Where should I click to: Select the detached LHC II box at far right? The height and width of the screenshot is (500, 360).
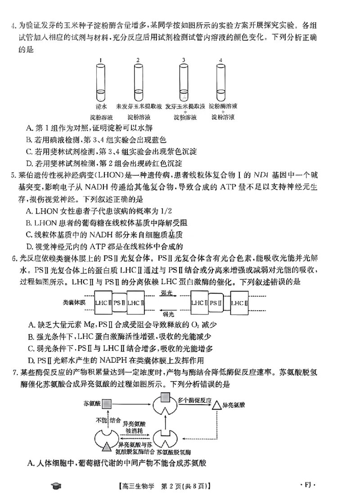[x=239, y=303]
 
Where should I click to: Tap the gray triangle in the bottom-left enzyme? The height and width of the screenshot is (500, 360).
[x=107, y=446]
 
